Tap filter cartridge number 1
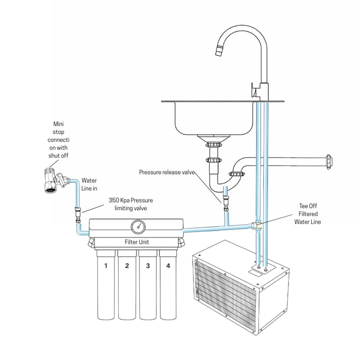click(x=106, y=285)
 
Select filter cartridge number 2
click(x=127, y=285)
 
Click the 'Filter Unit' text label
click(x=137, y=242)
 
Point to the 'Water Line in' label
click(x=89, y=184)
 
